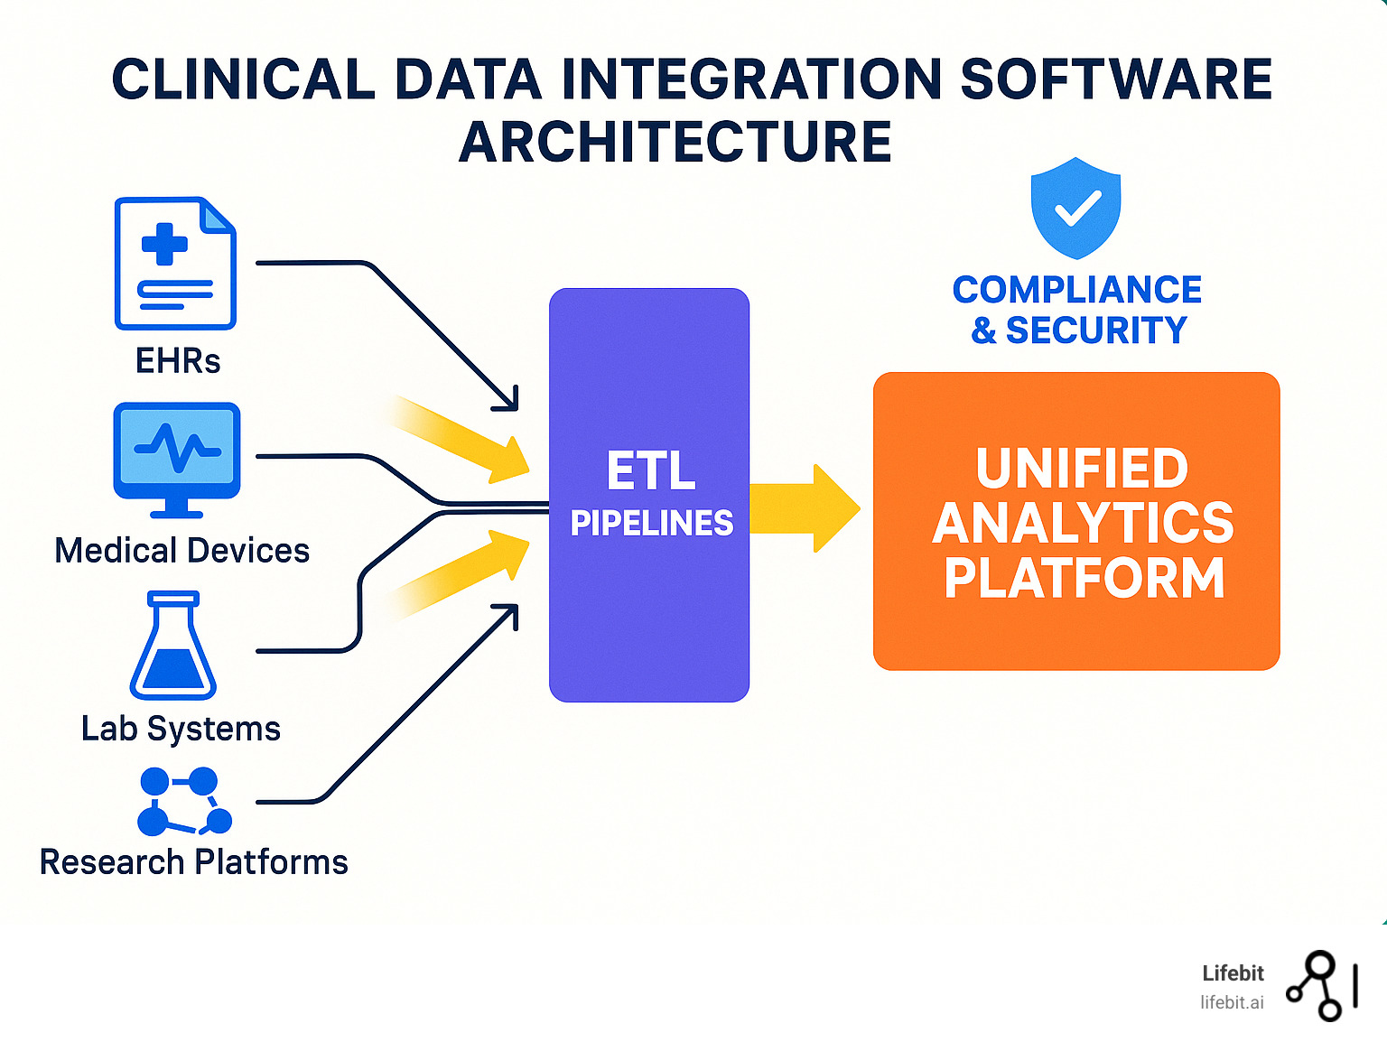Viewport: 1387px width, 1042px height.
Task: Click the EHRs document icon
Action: pos(175,263)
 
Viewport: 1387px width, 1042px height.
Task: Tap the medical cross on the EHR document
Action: pos(164,244)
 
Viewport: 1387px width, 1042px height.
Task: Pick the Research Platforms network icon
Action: pos(184,802)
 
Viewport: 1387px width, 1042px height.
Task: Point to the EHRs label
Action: pos(178,361)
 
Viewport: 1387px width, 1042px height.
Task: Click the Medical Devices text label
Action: pos(182,551)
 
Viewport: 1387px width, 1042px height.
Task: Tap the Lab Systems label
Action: pos(181,729)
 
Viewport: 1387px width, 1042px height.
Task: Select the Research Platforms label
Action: pos(193,862)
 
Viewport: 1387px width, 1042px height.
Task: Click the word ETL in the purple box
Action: pos(651,471)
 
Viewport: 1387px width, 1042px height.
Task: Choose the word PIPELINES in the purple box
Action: pos(651,524)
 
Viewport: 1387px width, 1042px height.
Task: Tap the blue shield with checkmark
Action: pos(1076,208)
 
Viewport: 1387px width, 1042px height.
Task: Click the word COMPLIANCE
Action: pos(1076,290)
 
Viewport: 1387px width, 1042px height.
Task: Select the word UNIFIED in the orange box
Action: pos(1082,468)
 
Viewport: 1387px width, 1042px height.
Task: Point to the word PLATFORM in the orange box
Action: pos(1084,578)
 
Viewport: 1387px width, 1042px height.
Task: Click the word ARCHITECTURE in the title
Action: pos(675,142)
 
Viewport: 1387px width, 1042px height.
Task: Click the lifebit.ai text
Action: pos(1232,1002)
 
